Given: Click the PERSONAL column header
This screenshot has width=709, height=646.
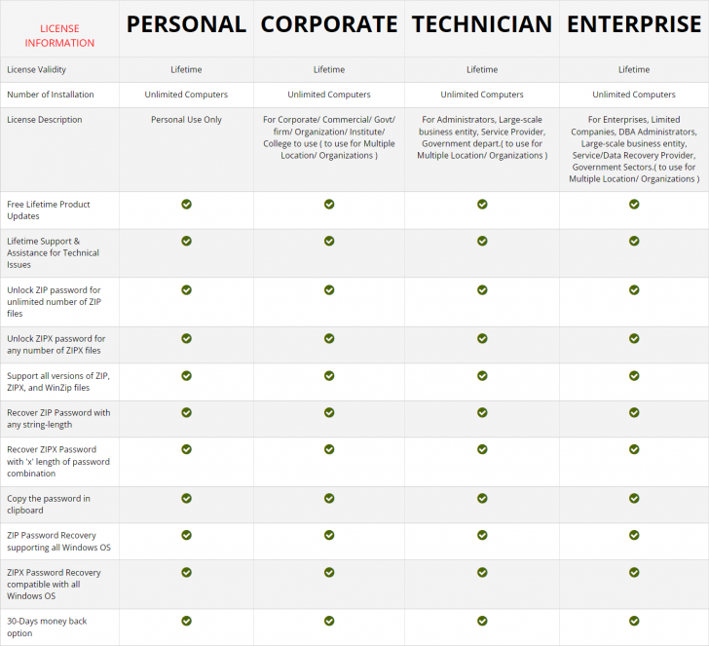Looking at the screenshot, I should [186, 24].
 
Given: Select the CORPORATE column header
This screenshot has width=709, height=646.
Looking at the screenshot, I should [329, 24].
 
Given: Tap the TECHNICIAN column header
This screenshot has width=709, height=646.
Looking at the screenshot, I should [482, 24].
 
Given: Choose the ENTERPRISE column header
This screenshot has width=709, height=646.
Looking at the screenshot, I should [634, 24].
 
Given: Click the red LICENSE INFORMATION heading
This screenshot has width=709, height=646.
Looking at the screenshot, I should [59, 36].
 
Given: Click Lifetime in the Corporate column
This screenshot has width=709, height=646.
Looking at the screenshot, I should [329, 69].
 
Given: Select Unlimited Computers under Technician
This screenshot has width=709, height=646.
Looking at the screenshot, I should [482, 95].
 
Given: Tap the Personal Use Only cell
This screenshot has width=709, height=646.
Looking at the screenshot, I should [186, 120].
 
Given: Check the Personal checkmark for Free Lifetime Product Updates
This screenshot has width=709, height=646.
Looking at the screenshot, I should [186, 204].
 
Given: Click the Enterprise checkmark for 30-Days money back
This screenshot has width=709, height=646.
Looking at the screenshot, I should [634, 621].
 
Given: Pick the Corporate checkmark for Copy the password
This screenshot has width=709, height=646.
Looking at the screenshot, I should [329, 498].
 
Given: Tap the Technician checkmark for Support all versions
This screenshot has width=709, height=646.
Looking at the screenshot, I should [482, 375].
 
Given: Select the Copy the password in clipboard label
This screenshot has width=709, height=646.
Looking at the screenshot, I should [49, 504].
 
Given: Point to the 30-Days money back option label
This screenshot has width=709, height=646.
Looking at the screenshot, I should [47, 627].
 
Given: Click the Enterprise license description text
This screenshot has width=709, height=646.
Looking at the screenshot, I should [634, 149].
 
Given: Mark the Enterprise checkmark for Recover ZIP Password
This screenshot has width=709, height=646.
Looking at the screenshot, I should [634, 412].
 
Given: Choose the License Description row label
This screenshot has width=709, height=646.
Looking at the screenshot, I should [44, 120].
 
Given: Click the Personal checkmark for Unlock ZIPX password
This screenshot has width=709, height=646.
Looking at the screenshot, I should [186, 338].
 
